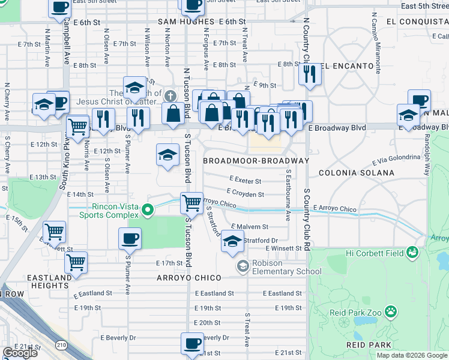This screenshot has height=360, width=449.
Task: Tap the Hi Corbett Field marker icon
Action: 412,253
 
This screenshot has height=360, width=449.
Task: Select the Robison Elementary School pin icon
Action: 243,266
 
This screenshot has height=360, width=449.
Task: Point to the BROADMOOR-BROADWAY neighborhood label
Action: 256,161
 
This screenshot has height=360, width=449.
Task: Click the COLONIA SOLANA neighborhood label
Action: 356,173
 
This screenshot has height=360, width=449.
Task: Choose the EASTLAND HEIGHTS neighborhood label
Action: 48,282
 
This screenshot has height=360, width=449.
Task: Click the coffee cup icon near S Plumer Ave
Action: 130,238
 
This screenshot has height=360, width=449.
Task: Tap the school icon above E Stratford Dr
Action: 232,241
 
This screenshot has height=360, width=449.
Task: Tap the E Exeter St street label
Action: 246,180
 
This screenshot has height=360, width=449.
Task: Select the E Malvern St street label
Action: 249,227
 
